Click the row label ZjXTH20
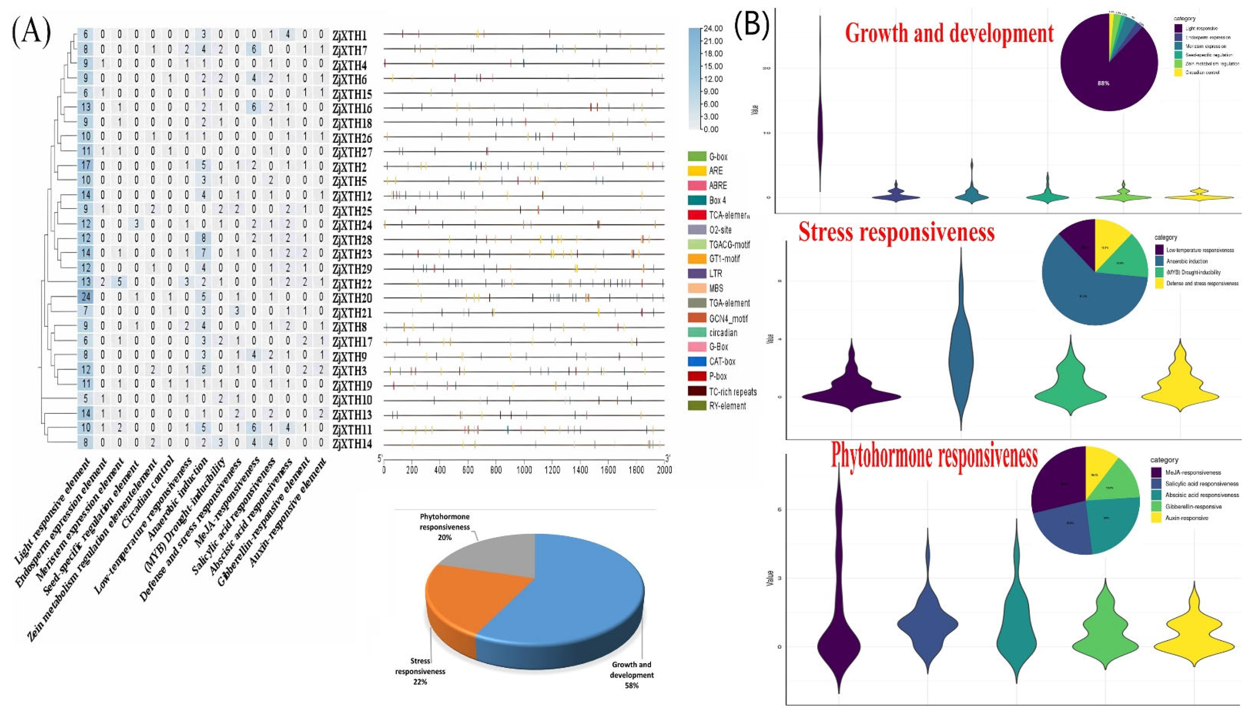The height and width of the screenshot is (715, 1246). point(352,299)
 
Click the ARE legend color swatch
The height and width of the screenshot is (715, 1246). point(698,171)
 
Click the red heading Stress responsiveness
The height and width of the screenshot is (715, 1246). point(896,232)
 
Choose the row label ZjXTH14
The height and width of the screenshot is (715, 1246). point(352,445)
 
